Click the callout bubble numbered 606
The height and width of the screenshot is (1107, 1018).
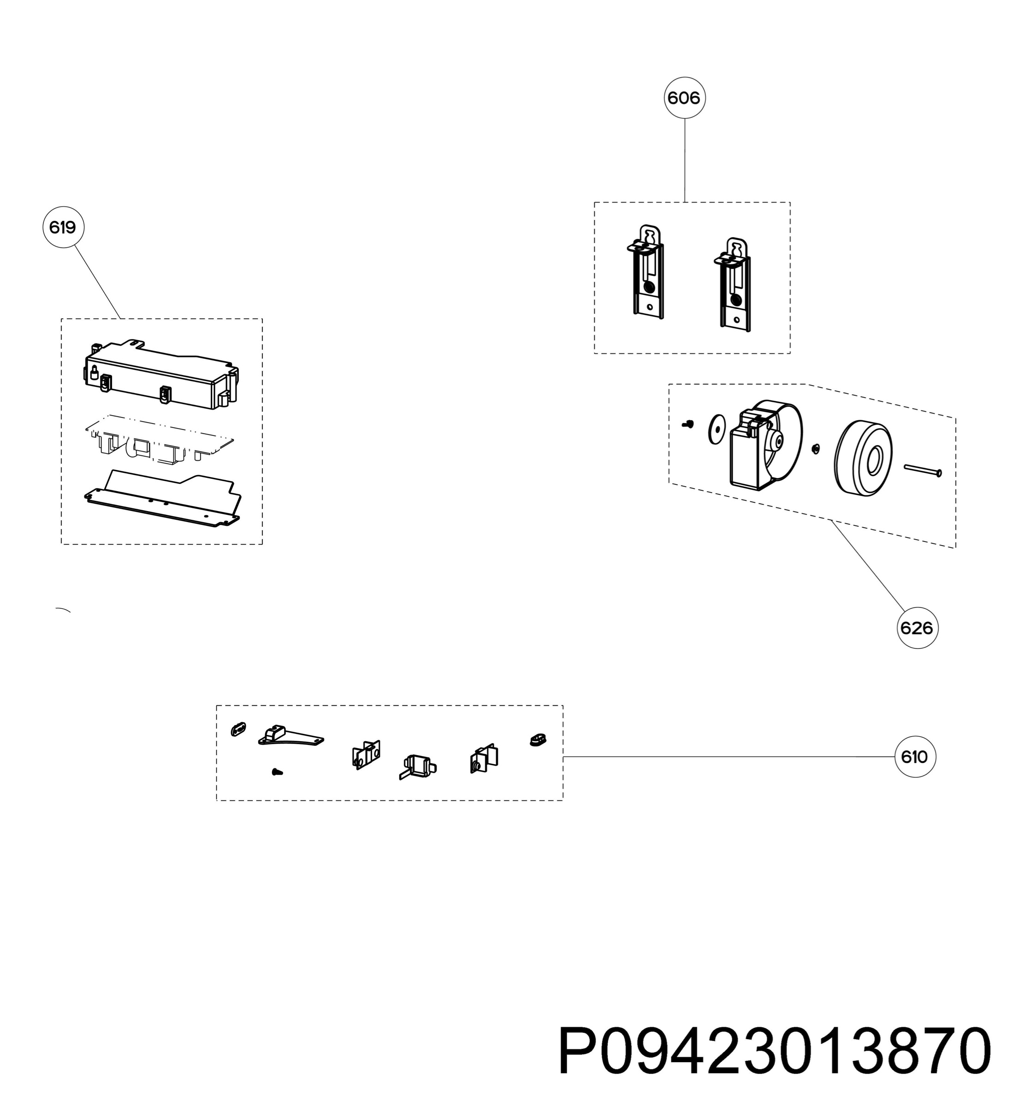coord(684,98)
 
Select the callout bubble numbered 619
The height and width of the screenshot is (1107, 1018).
coord(63,227)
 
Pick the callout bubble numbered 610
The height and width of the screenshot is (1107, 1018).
coord(915,756)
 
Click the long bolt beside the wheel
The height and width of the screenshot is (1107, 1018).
coord(923,470)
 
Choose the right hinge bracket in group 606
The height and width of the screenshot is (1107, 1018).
coord(734,284)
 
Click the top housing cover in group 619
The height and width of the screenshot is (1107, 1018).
coord(162,374)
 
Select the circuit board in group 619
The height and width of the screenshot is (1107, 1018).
coord(160,438)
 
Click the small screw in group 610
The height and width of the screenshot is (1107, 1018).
coord(278,773)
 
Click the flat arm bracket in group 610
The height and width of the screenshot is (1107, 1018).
coord(291,737)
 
